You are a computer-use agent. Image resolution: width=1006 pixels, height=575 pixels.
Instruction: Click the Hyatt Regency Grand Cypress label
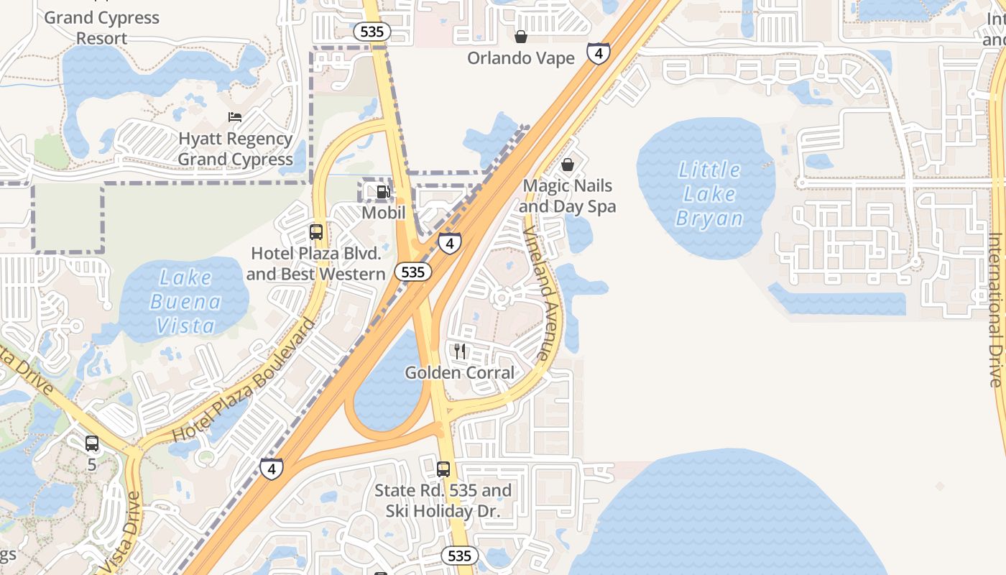(x=235, y=149)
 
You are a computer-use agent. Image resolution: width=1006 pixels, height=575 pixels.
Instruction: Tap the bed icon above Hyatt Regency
(x=235, y=116)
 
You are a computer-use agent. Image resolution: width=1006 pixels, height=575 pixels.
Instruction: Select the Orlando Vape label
(x=521, y=58)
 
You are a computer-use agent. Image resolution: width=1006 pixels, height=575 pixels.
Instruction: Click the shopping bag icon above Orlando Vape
(x=521, y=36)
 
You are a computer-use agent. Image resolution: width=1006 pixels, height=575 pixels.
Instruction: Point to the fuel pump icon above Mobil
(x=384, y=192)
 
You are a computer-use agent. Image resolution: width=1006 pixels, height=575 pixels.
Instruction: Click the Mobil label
(x=384, y=213)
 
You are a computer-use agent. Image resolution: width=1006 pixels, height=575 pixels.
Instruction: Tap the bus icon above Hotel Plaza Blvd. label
(x=316, y=232)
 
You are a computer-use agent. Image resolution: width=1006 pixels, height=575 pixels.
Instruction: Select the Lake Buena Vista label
(x=185, y=302)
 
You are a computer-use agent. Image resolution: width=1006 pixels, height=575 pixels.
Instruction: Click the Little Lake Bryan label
(x=709, y=194)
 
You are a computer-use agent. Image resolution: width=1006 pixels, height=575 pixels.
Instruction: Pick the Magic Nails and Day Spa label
(x=568, y=196)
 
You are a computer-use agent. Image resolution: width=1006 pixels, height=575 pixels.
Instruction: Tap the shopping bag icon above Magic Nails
(x=568, y=165)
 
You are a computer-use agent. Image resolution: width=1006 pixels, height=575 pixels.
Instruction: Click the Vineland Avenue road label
(x=539, y=295)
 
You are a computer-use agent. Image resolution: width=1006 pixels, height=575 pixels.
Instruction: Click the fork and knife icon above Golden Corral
(x=460, y=351)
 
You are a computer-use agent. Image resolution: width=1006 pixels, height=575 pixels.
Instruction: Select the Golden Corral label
(x=460, y=373)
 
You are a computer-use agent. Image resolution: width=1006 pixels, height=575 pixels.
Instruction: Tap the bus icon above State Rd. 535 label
(x=443, y=469)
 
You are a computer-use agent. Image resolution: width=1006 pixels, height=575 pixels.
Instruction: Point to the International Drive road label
(x=995, y=309)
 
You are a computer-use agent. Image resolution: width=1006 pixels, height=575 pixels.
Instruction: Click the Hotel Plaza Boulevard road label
(x=244, y=381)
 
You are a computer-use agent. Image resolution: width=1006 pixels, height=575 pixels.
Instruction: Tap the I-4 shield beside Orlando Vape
(x=599, y=52)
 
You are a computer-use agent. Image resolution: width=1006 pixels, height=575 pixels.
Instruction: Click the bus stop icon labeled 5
(x=92, y=443)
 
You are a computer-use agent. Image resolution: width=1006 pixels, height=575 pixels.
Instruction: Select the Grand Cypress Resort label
(x=101, y=27)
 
